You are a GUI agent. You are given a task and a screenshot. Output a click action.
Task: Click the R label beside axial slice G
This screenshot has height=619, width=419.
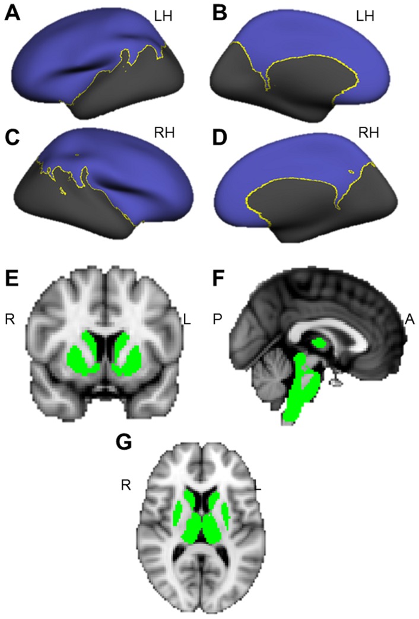(125, 486)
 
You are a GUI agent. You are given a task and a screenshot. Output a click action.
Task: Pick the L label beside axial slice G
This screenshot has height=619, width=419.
(258, 486)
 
